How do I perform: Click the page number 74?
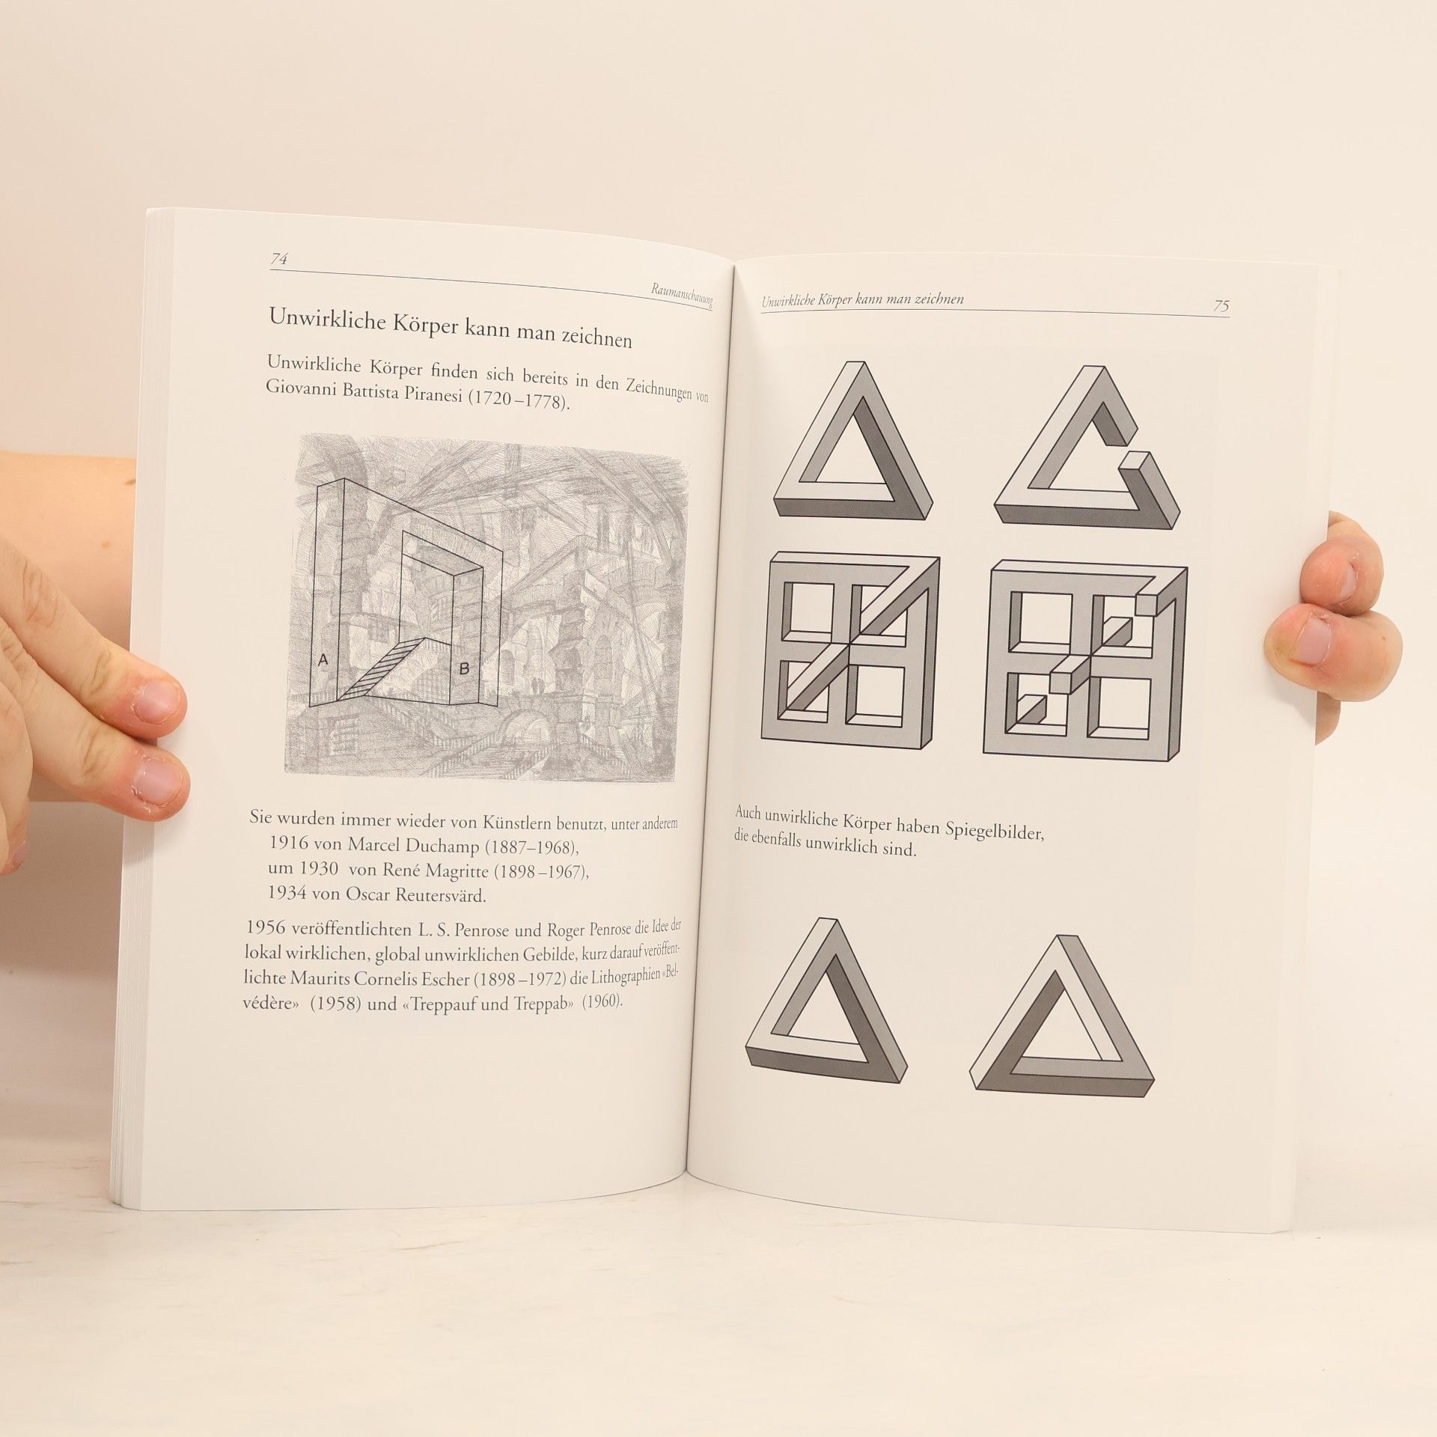tap(279, 259)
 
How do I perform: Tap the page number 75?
tap(1221, 306)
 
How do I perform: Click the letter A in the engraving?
tap(323, 659)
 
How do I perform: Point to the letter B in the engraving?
tap(464, 669)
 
